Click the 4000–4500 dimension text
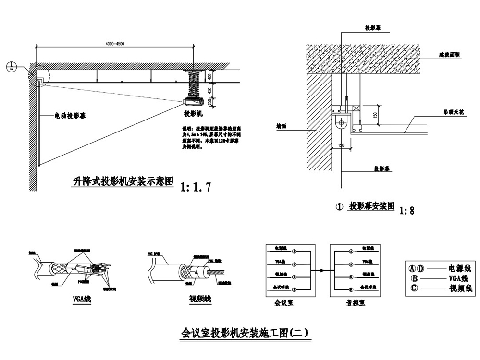tap(114, 44)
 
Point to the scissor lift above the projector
tap(194, 82)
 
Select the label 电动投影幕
tap(70, 116)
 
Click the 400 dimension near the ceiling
tap(209, 76)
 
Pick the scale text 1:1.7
tap(195, 187)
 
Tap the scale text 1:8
tap(407, 210)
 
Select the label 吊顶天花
tap(453, 111)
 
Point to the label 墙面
tap(282, 128)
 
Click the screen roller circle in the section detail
tap(341, 122)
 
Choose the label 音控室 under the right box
tap(356, 303)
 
